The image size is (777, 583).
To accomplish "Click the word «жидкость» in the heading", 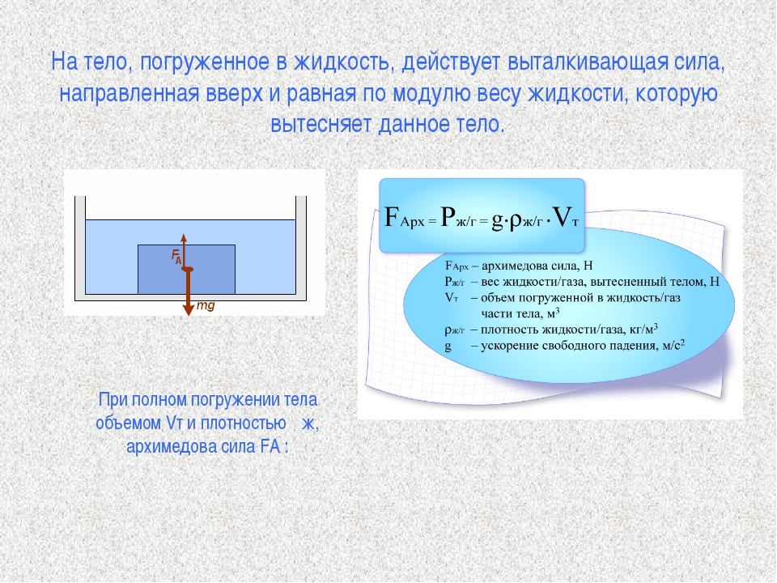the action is [x=345, y=63].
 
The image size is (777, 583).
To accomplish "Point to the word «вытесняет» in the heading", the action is [x=321, y=124].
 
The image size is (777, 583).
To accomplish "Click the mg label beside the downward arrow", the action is [x=206, y=305].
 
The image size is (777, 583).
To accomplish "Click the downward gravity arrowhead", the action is [x=189, y=309].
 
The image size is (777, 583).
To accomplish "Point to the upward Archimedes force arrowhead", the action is [x=184, y=237].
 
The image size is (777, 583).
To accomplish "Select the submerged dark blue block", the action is [x=186, y=269].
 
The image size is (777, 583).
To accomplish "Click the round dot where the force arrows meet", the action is [x=187, y=269].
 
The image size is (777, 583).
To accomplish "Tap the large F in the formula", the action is [x=392, y=217].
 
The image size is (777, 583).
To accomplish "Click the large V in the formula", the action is [x=563, y=217].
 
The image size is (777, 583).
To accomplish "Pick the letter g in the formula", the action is [x=497, y=220].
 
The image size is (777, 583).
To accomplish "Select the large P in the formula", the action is [x=448, y=217].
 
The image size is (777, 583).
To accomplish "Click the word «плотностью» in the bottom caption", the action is [x=244, y=423].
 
